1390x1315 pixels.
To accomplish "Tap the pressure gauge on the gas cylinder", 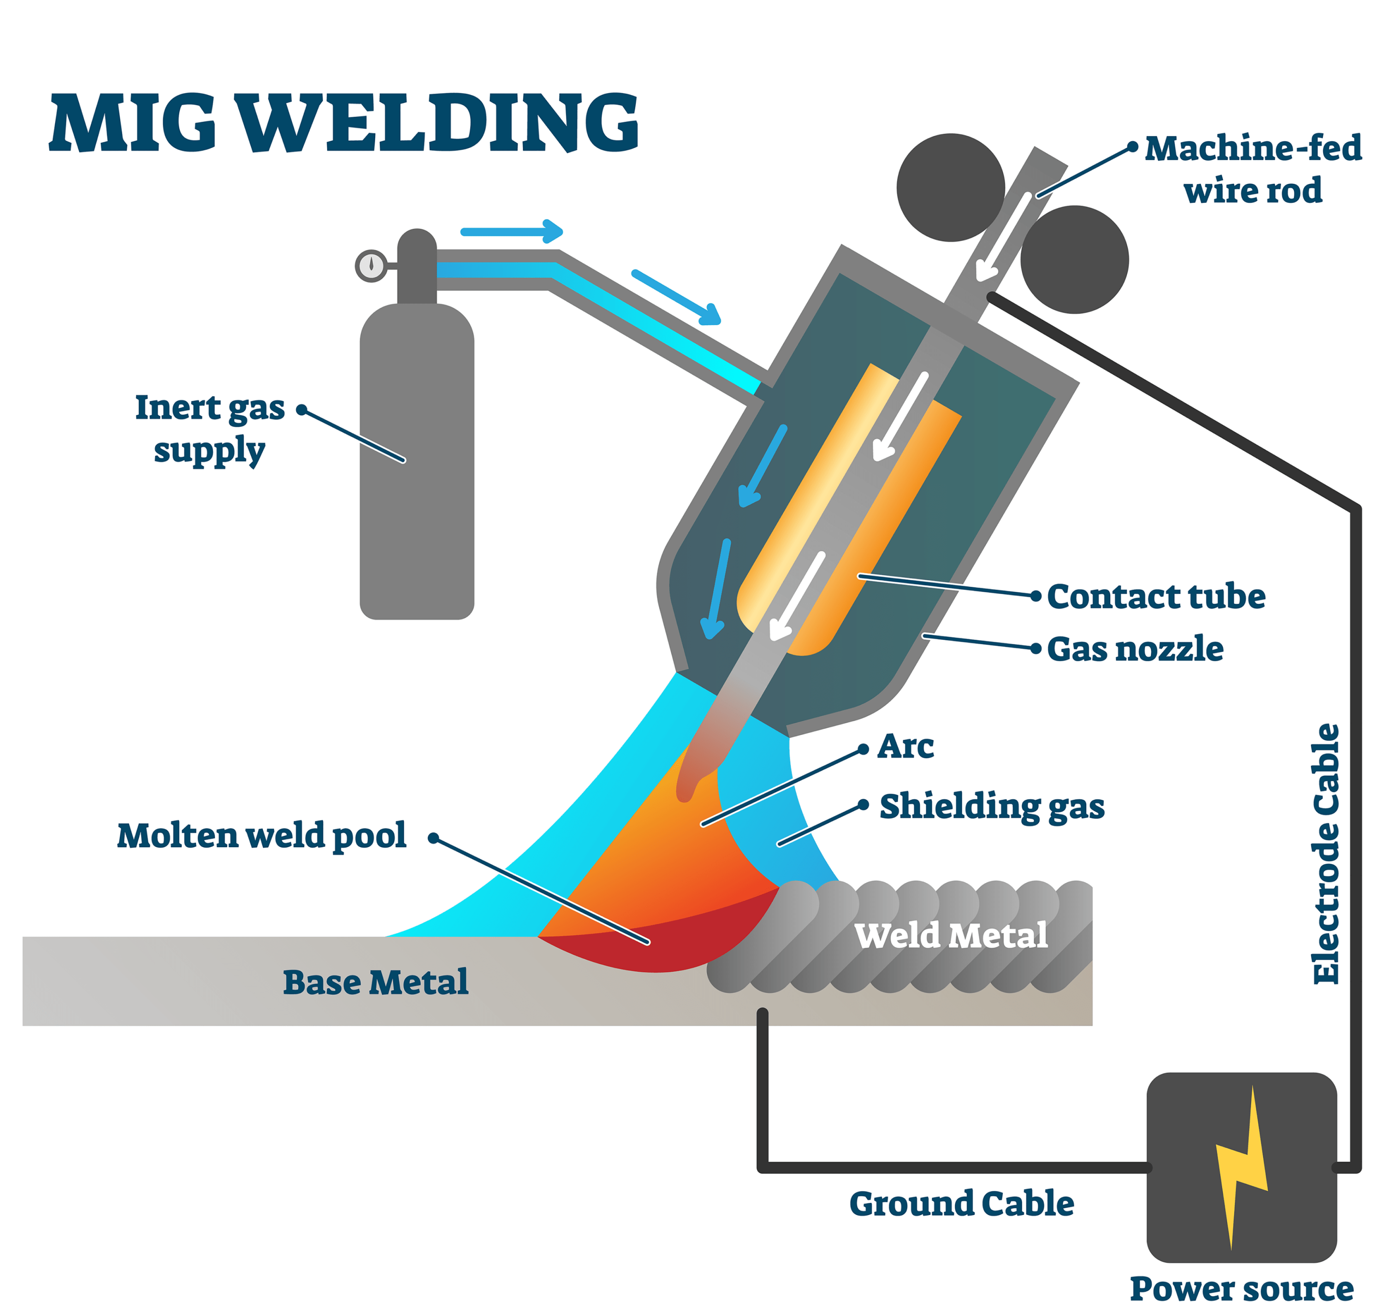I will pyautogui.click(x=371, y=266).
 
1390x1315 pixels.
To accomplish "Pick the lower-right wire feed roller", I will pyautogui.click(x=1074, y=259).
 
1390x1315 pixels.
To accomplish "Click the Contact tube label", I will pyautogui.click(x=1156, y=597).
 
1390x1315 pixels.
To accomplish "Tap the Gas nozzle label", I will pyautogui.click(x=1135, y=649).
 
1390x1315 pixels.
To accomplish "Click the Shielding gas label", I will pyautogui.click(x=992, y=806).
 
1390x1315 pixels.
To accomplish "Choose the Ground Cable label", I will pyautogui.click(x=961, y=1204).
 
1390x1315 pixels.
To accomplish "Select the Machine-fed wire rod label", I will pyautogui.click(x=1252, y=169).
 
